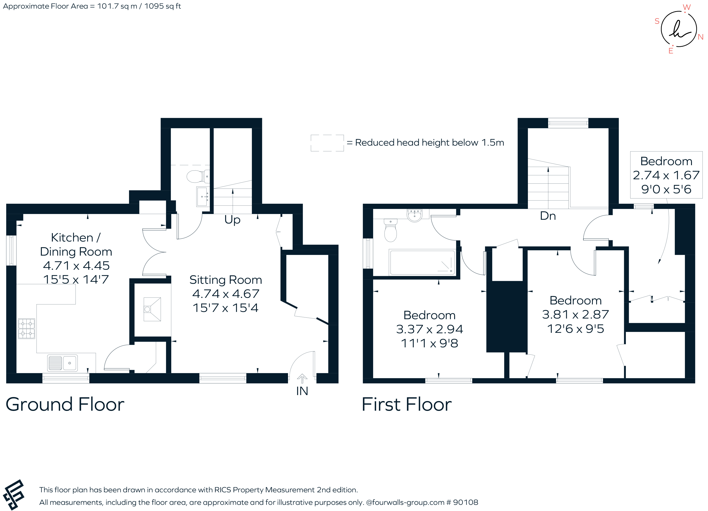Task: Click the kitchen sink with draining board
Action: coord(63,363)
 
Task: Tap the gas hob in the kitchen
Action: coord(26,328)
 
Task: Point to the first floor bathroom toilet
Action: coord(390,231)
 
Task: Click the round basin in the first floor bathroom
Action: coord(415,216)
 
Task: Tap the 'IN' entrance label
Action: coord(302,391)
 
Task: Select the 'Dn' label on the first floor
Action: coord(548,216)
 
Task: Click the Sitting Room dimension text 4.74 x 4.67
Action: coord(226,294)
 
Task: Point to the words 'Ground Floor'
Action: coord(65,405)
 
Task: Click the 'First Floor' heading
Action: coord(406,405)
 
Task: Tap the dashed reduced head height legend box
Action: coord(327,143)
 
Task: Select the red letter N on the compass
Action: coord(700,37)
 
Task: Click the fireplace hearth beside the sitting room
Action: coord(152,309)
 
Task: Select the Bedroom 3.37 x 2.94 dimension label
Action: coord(429,329)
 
